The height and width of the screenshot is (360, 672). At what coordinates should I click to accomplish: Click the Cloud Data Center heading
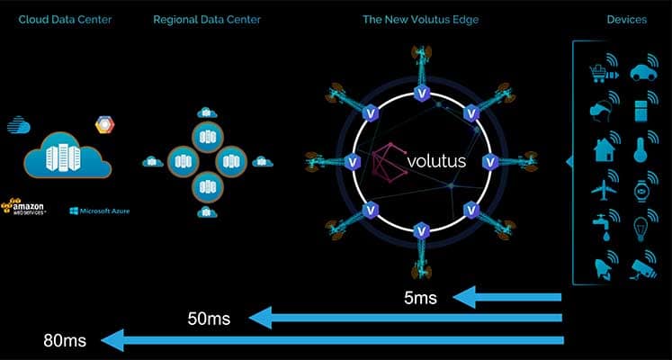[x=65, y=19]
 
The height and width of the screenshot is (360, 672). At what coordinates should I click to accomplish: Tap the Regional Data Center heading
[x=207, y=19]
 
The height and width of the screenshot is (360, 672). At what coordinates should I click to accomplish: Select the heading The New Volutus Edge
[x=420, y=19]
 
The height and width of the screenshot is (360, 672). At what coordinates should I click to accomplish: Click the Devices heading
[x=627, y=19]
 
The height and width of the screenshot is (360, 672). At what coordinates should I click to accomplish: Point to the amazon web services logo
[x=24, y=206]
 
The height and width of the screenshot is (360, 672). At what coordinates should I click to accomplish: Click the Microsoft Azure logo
[x=100, y=211]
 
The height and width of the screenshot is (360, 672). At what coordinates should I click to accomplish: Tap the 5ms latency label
[x=420, y=297]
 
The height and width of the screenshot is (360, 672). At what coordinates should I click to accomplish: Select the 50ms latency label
[x=209, y=319]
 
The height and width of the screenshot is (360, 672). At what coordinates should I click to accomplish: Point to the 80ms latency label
[x=64, y=341]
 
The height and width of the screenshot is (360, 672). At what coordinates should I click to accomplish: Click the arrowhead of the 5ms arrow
[x=464, y=297]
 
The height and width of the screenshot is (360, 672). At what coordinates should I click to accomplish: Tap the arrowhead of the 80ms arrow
[x=112, y=340]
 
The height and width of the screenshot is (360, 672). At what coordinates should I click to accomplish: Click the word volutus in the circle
[x=436, y=161]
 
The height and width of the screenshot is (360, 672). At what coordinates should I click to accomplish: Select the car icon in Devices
[x=643, y=73]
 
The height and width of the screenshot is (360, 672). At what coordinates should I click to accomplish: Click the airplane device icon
[x=604, y=189]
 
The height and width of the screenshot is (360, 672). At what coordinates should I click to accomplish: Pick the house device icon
[x=605, y=149]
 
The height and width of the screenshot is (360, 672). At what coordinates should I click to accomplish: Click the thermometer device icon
[x=641, y=149]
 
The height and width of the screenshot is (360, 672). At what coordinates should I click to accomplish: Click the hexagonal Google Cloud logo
[x=105, y=125]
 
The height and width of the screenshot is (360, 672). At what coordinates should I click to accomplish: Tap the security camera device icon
[x=643, y=269]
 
